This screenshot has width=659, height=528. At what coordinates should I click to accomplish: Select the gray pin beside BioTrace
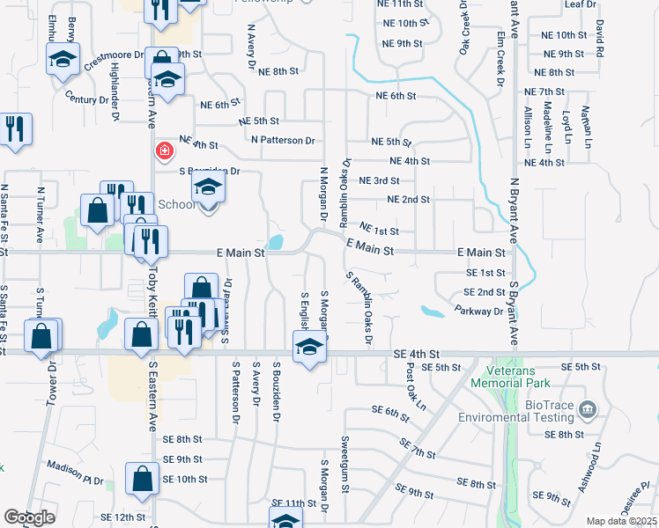pos(589,410)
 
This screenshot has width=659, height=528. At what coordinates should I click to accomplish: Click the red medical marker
pos(164,151)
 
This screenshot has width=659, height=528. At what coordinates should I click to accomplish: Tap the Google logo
pos(30,518)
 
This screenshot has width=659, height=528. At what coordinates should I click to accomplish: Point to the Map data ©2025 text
pos(621,521)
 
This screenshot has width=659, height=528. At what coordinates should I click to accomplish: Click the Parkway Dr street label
pos(479,311)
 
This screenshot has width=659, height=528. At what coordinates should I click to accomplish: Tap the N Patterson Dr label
pos(283,140)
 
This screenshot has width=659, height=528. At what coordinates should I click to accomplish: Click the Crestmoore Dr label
pos(115,60)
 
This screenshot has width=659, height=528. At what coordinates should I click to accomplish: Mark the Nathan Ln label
pos(587,123)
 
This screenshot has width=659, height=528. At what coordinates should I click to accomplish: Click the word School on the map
pos(178,204)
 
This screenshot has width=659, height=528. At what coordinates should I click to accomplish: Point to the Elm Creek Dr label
pos(500,42)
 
